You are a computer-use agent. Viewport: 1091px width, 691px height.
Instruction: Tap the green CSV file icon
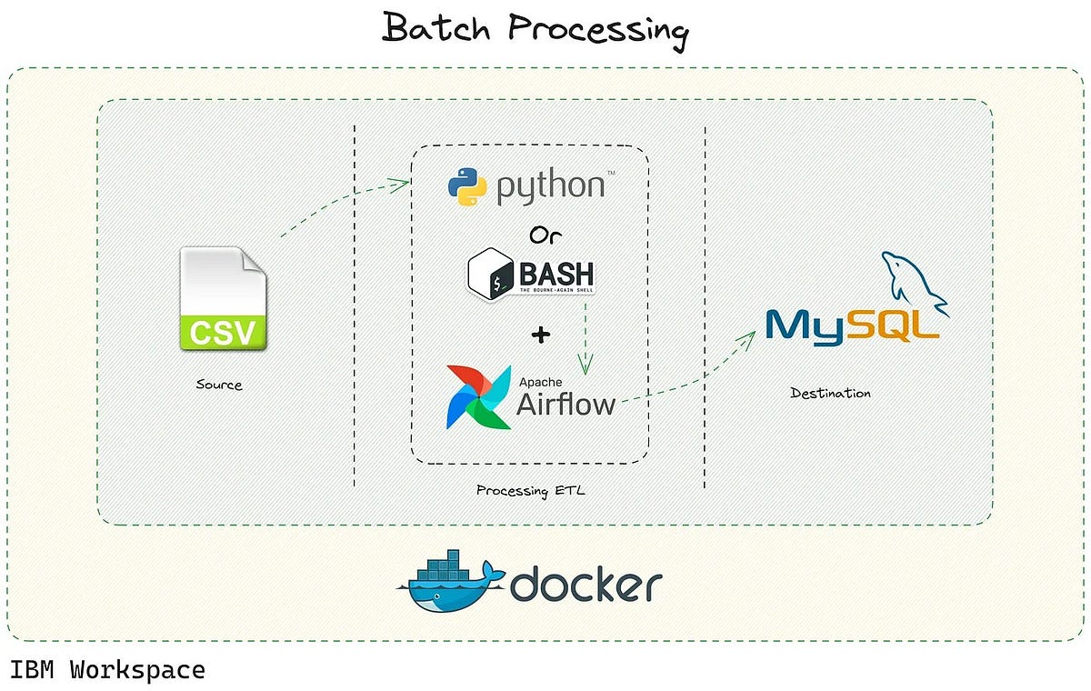coord(223,299)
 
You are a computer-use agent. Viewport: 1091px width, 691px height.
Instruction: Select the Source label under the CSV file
coord(219,385)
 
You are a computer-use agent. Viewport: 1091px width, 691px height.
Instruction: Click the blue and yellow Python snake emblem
coord(468,185)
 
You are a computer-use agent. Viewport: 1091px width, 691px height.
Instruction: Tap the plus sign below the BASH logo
coord(541,335)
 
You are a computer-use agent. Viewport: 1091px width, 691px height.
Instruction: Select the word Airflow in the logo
coord(566,403)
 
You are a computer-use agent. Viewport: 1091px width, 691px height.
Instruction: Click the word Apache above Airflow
coord(540,380)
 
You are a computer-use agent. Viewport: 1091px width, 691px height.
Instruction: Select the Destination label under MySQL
coord(830,393)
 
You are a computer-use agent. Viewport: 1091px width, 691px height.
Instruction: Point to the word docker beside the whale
coord(586,586)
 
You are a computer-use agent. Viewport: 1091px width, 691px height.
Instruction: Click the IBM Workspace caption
coord(107,671)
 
